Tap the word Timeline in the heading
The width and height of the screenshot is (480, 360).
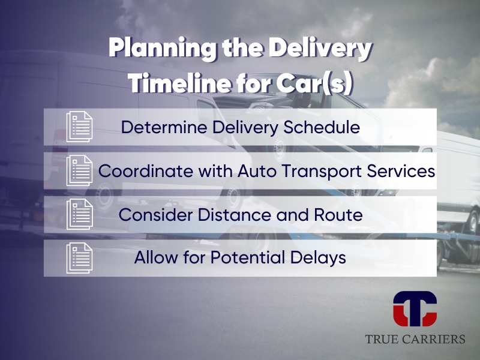pos(179,83)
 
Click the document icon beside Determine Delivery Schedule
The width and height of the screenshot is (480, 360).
pos(80,127)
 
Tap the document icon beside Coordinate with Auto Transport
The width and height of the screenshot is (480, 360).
pos(80,170)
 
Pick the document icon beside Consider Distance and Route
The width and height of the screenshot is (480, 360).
pos(80,214)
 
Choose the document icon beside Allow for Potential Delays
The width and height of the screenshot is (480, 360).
pos(80,258)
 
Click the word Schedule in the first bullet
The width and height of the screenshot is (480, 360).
pos(322,127)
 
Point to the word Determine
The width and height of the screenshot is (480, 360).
pos(164,127)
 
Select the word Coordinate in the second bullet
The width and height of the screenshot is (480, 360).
pos(146,171)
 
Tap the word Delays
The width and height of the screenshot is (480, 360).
pos(319,258)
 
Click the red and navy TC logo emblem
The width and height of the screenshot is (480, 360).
pos(415,309)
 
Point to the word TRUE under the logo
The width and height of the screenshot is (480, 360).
pos(382,339)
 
